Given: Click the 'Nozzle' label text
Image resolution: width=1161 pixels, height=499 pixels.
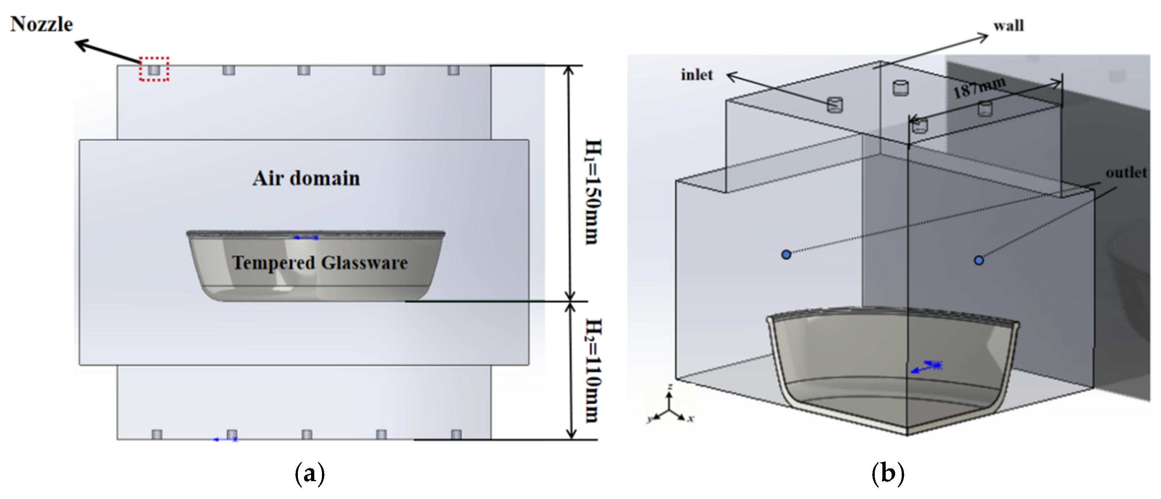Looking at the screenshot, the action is [x=42, y=24].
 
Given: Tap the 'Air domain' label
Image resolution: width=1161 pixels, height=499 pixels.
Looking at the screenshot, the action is [x=306, y=178].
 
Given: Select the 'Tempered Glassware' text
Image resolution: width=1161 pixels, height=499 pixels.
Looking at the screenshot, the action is [x=320, y=263].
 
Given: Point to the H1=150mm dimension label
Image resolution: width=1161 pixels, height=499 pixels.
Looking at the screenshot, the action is [x=593, y=192].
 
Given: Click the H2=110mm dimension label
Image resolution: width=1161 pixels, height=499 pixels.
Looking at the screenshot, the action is [x=593, y=370].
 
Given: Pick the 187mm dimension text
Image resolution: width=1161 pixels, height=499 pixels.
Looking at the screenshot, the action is [x=979, y=88].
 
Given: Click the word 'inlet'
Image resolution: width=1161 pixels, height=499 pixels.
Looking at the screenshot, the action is [x=697, y=75].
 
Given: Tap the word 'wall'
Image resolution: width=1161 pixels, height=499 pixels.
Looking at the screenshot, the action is [x=1009, y=26].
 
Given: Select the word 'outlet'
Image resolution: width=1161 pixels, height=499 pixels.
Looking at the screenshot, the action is [x=1126, y=173].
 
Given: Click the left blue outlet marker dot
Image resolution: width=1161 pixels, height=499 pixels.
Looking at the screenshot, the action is [x=786, y=255].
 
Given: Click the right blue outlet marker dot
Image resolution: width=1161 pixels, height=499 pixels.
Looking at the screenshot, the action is [x=979, y=260].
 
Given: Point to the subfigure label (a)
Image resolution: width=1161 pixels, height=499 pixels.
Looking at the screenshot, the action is [x=310, y=474].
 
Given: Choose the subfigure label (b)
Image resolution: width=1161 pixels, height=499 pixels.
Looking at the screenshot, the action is [x=888, y=474].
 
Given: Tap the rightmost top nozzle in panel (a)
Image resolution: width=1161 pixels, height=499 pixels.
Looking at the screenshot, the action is [x=453, y=70].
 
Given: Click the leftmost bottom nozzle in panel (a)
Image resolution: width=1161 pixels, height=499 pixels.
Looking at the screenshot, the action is [x=157, y=435].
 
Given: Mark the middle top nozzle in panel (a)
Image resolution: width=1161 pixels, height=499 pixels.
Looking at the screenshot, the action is [x=304, y=70].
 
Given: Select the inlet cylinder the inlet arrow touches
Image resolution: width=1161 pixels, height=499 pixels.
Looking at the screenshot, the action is [x=835, y=105].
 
